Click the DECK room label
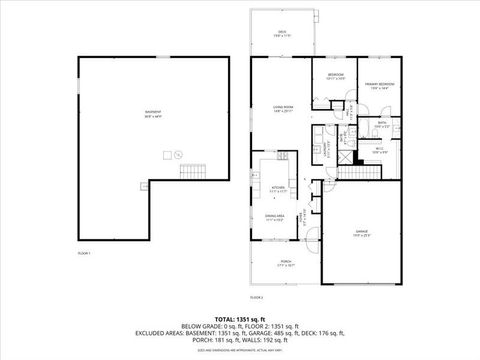point(281,34)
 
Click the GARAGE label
point(361,232)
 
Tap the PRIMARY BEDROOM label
point(376,86)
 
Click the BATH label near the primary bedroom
point(381,125)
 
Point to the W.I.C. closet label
point(379,149)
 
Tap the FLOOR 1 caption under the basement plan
point(84,254)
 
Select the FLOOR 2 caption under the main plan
point(256,297)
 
